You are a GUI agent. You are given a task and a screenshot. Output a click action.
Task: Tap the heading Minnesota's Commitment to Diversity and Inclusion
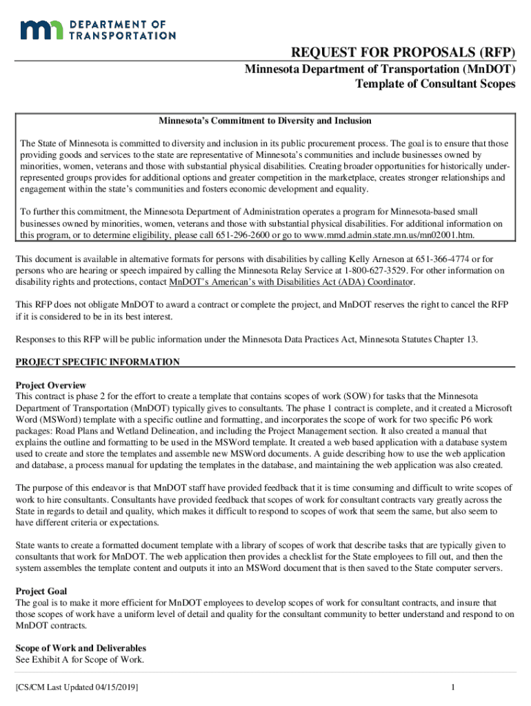(265, 121)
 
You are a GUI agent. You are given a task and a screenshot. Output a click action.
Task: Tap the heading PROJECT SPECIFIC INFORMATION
(97, 362)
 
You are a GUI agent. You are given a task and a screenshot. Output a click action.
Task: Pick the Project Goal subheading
(41, 592)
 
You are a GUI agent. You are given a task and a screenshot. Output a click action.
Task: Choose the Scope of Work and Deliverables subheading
(81, 649)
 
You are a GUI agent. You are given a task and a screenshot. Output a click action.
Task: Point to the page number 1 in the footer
(452, 688)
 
